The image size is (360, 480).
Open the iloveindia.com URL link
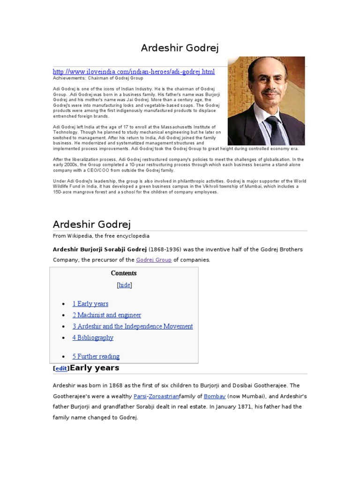[134, 72]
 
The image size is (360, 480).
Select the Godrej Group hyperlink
[153, 260]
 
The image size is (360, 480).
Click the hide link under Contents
[124, 285]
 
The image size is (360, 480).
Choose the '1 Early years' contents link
[90, 304]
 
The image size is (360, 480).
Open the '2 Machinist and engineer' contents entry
[106, 315]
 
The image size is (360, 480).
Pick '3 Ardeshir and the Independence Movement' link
[132, 326]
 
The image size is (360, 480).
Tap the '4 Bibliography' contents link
[93, 337]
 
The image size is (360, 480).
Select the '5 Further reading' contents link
[96, 356]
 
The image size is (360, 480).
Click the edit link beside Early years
[61, 368]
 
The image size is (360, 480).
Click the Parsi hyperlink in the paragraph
[140, 396]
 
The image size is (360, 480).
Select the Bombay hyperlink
[215, 396]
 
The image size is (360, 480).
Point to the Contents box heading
[124, 273]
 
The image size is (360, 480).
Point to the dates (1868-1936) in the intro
[169, 249]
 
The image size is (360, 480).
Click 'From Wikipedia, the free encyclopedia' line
[101, 236]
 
